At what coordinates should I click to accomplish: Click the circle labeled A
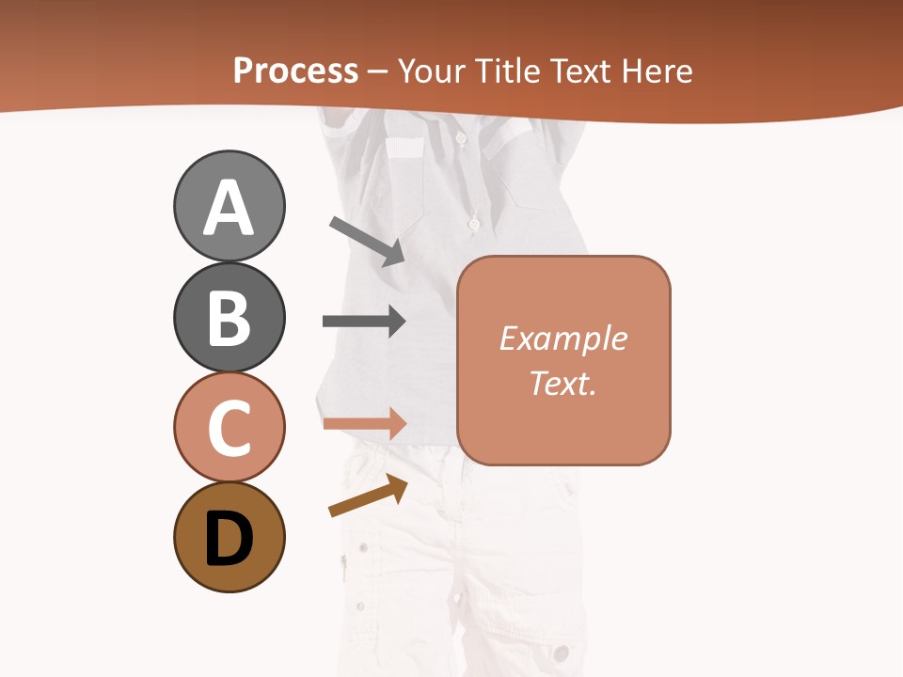pyautogui.click(x=229, y=206)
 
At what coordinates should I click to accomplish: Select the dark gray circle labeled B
pyautogui.click(x=229, y=318)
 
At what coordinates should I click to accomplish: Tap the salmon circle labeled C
pyautogui.click(x=229, y=428)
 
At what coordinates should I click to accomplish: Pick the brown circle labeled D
pyautogui.click(x=229, y=538)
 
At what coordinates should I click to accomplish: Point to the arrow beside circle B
pyautogui.click(x=364, y=321)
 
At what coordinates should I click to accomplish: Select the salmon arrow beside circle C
pyautogui.click(x=364, y=423)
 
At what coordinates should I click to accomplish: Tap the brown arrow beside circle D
pyautogui.click(x=368, y=496)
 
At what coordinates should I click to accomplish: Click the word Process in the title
pyautogui.click(x=295, y=71)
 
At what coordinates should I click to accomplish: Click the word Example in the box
pyautogui.click(x=562, y=338)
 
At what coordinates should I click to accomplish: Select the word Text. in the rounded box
pyautogui.click(x=562, y=383)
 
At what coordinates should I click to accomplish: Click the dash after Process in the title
pyautogui.click(x=378, y=72)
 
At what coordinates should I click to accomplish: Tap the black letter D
pyautogui.click(x=229, y=540)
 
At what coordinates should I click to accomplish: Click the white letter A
pyautogui.click(x=229, y=209)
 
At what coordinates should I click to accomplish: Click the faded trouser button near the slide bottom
pyautogui.click(x=562, y=653)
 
